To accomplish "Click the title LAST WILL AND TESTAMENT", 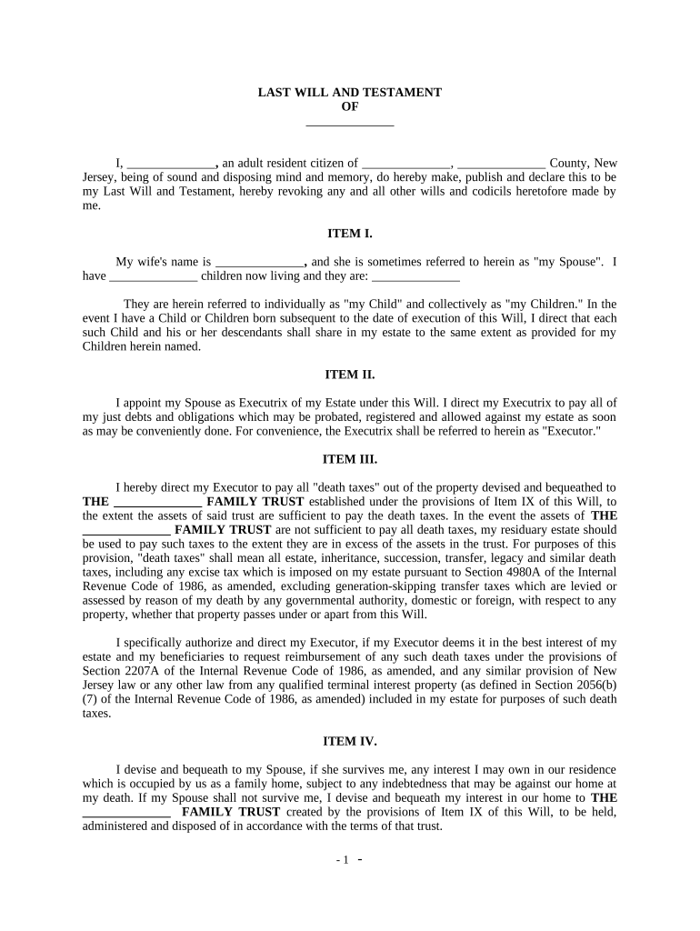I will coord(350,93).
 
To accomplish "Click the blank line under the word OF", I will coord(350,121).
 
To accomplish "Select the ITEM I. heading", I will coord(350,234).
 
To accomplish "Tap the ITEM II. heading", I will coord(350,374).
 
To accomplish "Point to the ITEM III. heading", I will coord(350,459).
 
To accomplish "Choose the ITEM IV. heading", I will coord(350,741).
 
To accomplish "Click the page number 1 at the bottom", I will coord(345,860).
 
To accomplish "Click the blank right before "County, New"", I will coord(503,164).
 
